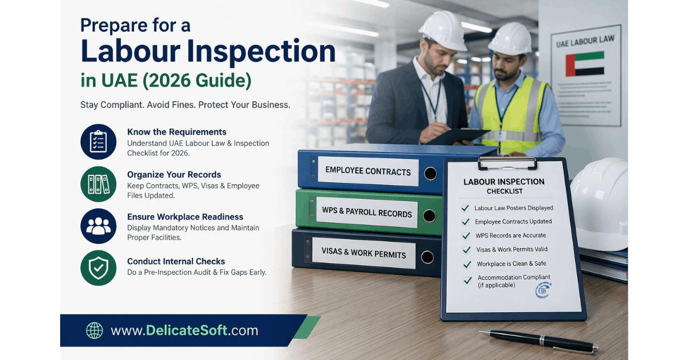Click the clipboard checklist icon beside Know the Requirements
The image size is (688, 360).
coord(99,142)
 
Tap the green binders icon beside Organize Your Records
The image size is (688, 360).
coord(99,184)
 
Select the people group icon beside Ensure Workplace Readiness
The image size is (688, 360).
coord(99,226)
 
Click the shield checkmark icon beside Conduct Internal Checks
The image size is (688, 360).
coord(99,268)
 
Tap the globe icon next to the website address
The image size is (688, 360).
coord(94,330)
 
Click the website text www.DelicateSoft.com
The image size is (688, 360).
coord(184,330)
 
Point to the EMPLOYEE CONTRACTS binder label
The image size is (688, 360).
coord(368,171)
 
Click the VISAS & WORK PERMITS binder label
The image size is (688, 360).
coord(364,254)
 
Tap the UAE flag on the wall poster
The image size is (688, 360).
coord(585,64)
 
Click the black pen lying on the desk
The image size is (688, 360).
coord(539,341)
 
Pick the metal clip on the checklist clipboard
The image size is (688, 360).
coord(507,163)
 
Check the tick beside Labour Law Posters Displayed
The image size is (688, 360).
coord(466,208)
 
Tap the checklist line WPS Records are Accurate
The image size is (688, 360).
coord(510,236)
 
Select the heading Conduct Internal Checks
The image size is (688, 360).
coord(176,261)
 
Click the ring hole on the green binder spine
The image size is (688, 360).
coord(429,216)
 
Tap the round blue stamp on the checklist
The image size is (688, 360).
coord(542,290)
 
